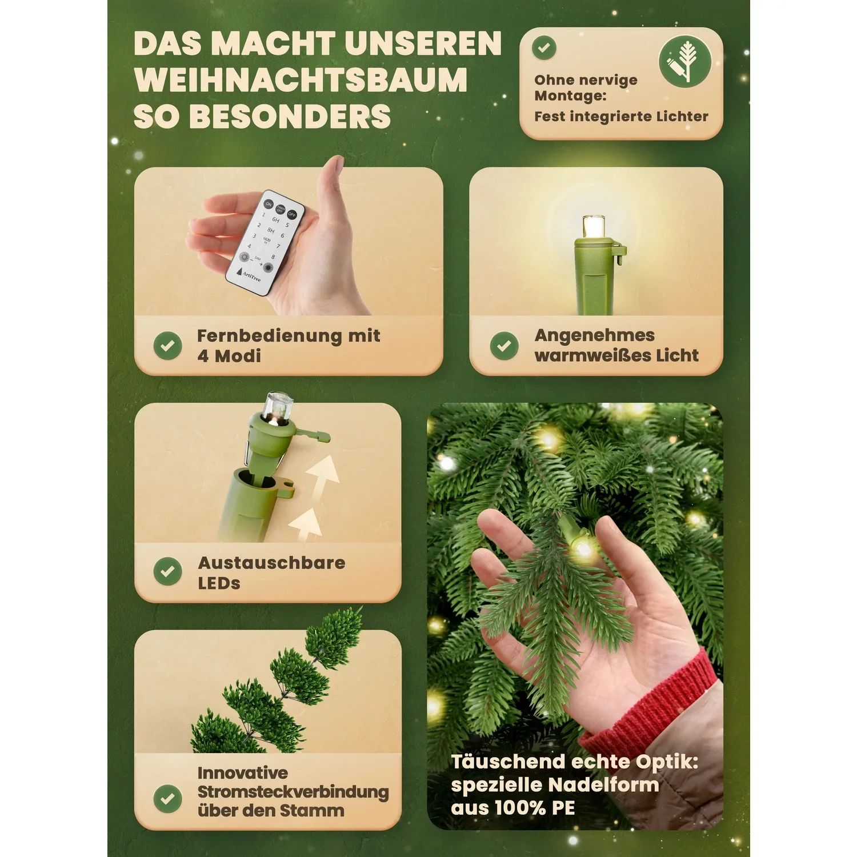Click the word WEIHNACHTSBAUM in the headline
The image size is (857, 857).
[x=301, y=80]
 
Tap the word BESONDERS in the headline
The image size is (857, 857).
[x=290, y=117]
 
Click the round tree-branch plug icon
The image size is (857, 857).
[x=684, y=62]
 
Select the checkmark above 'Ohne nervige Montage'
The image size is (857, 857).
[x=544, y=48]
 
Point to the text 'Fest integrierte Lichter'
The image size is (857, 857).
[x=621, y=117]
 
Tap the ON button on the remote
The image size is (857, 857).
[x=268, y=204]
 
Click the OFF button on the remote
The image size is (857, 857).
[x=292, y=214]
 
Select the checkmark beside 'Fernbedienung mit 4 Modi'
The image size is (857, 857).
[x=168, y=346]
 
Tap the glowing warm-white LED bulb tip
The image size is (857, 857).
[x=594, y=226]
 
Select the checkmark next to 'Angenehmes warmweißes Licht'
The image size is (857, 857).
[x=504, y=346]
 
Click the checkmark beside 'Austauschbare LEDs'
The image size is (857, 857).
[x=168, y=571]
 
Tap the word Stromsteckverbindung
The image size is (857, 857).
[x=293, y=792]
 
